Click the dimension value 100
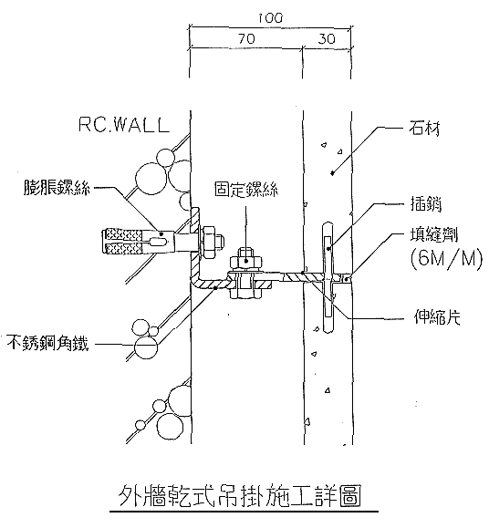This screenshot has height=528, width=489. (x=270, y=18)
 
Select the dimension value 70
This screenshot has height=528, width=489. (x=247, y=39)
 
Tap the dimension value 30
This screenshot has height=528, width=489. (x=327, y=39)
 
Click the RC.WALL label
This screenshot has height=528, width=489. (x=123, y=125)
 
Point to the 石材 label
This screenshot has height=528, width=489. (x=424, y=128)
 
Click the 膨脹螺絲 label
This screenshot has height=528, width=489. (x=57, y=187)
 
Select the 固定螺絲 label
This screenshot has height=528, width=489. (x=246, y=190)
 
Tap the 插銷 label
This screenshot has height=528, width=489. (x=426, y=203)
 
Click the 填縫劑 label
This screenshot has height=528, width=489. (x=434, y=234)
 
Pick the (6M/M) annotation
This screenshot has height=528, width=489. (x=446, y=260)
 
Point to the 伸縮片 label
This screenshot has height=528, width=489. (x=437, y=316)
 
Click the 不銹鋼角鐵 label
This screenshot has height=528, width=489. (x=47, y=343)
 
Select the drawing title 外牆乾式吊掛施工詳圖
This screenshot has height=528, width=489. (x=241, y=496)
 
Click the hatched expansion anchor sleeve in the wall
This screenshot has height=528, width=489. (x=126, y=242)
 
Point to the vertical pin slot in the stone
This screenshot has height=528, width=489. (x=328, y=277)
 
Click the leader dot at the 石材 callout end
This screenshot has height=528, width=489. (x=332, y=173)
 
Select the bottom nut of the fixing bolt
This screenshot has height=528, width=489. (x=246, y=294)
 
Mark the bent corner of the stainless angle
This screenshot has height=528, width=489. (x=194, y=282)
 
